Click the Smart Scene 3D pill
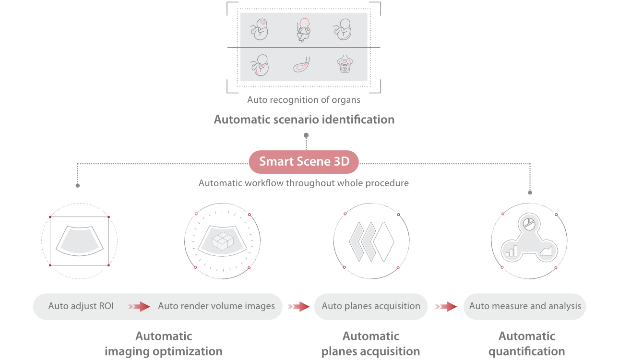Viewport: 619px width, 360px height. click(304, 162)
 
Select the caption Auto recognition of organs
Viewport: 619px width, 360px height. click(304, 100)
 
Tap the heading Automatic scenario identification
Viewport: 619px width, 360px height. click(304, 120)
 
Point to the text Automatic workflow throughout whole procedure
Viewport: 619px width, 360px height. click(304, 183)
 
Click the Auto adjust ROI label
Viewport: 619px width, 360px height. click(81, 306)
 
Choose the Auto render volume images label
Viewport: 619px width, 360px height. click(216, 306)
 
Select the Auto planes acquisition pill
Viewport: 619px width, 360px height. click(371, 306)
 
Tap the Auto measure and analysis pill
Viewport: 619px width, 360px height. click(525, 306)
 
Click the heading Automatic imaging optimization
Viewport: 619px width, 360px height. click(164, 344)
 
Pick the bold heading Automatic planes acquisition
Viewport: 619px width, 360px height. click(371, 344)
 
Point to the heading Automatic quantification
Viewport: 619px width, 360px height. click(527, 344)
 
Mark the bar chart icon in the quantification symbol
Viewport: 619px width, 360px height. click(512, 251)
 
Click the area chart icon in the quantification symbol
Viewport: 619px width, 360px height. click(546, 251)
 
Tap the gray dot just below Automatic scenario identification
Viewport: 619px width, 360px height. click(306, 135)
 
